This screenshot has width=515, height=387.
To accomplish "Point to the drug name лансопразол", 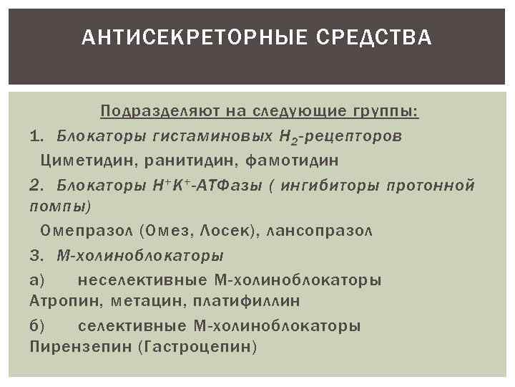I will tap(320, 231).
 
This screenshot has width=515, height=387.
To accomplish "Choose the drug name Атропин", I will tap(59, 300).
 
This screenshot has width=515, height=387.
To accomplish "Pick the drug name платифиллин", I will tap(242, 300).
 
